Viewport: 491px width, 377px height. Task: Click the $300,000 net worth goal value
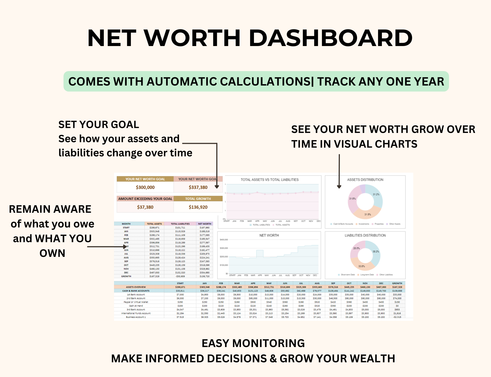145,187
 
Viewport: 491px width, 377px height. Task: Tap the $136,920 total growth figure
198,207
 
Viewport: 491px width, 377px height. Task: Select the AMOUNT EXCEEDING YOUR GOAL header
145,199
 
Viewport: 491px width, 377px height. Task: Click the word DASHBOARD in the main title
330,38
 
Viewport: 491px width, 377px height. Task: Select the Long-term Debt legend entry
367,275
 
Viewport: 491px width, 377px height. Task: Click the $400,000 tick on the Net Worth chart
224,240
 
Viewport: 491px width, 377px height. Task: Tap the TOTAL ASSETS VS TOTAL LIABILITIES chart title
270,180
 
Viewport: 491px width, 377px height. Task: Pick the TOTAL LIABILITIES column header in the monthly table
180,224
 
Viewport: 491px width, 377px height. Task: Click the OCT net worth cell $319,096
205,265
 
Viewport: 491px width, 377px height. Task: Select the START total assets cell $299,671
154,228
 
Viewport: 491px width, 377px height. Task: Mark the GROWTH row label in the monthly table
126,276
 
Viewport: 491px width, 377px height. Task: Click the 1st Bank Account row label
136,294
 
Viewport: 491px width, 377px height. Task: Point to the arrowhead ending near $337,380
217,187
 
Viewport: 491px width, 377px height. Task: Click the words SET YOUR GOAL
99,125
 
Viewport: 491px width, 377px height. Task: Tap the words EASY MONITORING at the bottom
253,343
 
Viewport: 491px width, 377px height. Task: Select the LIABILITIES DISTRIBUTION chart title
365,235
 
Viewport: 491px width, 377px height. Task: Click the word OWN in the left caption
52,253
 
